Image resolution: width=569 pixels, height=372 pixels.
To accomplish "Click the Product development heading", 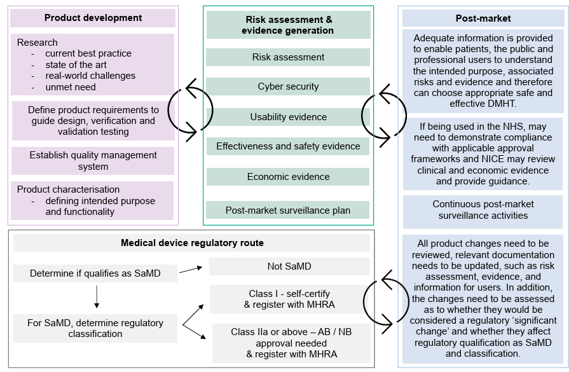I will [93, 18].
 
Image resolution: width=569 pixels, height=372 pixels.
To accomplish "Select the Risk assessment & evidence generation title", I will [288, 25].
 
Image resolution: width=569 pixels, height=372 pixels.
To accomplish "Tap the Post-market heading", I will [483, 18].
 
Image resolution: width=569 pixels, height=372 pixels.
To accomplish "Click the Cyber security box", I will [288, 86].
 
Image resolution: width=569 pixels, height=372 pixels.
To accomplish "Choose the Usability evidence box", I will [288, 117].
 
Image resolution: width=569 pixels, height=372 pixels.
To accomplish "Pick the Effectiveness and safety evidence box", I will [288, 146].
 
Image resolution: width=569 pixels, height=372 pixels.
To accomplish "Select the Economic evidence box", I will [288, 177].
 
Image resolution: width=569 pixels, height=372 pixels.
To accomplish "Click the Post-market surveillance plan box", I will [288, 210].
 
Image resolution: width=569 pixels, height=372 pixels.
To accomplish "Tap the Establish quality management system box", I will [93, 161].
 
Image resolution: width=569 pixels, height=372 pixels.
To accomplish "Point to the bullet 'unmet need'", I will [71, 87].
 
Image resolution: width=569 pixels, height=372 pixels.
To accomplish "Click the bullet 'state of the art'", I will [76, 65].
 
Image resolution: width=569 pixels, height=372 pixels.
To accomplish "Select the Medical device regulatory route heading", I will [192, 243].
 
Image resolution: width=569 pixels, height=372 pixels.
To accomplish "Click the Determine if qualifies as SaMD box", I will [95, 274].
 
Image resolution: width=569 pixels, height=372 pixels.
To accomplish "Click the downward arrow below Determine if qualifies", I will [97, 296].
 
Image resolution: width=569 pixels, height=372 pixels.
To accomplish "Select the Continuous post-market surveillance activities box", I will [483, 210].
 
